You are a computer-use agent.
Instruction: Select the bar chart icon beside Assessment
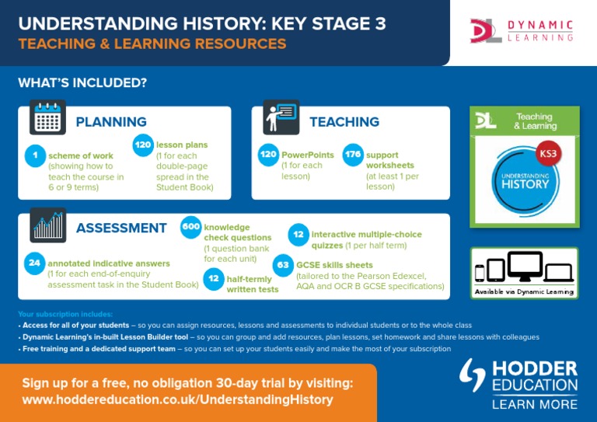tap(48, 225)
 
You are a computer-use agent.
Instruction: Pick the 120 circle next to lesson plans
tap(142, 145)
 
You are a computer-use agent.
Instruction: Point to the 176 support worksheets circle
tap(352, 155)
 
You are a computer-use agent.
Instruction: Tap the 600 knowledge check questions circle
tap(191, 227)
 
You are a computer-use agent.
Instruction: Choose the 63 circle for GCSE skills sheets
tap(284, 265)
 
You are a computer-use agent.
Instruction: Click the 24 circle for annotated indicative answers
tap(35, 263)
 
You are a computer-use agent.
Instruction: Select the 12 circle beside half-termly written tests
tap(213, 278)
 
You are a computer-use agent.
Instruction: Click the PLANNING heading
tap(111, 122)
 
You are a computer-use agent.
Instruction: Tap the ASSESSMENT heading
tap(121, 228)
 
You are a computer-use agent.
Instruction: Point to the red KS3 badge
tap(548, 153)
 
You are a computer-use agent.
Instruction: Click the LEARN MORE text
tap(535, 404)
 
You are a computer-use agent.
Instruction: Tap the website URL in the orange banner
tap(177, 400)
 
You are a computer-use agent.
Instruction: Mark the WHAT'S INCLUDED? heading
tap(82, 82)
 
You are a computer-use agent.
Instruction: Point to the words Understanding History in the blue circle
tap(525, 181)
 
